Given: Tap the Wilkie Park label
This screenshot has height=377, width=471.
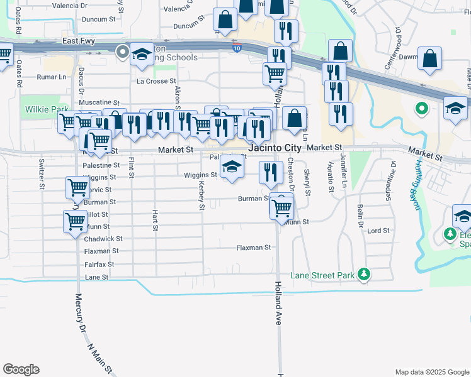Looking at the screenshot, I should [x=46, y=109].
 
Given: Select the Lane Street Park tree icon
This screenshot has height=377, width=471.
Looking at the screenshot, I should [x=363, y=274].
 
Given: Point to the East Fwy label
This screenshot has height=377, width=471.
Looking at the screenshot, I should [x=78, y=41].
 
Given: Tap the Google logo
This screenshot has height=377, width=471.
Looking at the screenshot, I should [x=21, y=369].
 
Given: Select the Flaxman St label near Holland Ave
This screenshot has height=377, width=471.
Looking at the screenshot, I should [x=253, y=248].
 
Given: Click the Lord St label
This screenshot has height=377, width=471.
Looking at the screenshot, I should [x=378, y=231].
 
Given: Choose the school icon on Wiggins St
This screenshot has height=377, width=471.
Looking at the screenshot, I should [x=232, y=167].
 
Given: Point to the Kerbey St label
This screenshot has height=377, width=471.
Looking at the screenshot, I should [x=201, y=195].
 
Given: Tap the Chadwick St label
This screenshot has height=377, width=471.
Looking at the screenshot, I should [x=103, y=239].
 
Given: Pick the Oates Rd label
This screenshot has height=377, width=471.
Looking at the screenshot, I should [x=19, y=74].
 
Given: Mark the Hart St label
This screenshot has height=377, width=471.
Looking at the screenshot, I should [x=154, y=220].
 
